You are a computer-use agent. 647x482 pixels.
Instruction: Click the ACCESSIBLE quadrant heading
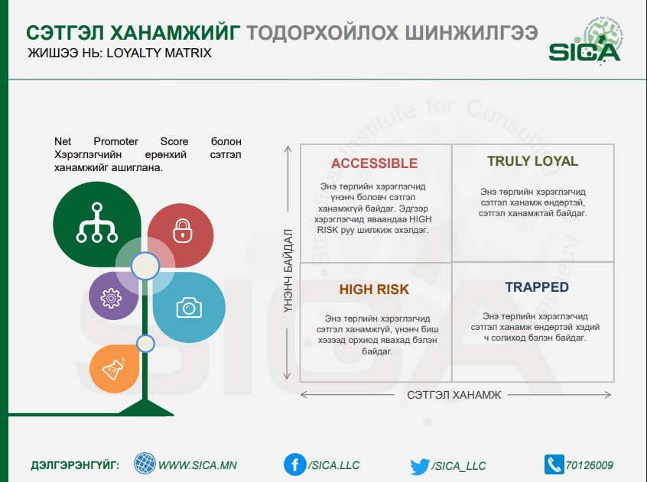(x=374, y=163)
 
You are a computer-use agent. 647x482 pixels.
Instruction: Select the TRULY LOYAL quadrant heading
(x=533, y=161)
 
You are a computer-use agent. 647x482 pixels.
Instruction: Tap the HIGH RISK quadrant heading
(x=374, y=290)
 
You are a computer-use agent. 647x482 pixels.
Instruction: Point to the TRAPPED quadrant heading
(x=537, y=287)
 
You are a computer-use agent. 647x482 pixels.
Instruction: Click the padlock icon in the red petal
(x=182, y=231)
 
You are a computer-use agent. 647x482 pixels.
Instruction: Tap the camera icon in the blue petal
(x=189, y=307)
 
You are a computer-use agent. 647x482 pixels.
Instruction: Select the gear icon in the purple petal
(x=111, y=298)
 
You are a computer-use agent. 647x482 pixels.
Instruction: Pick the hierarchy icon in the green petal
(x=97, y=222)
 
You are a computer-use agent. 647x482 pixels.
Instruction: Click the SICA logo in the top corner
(x=585, y=41)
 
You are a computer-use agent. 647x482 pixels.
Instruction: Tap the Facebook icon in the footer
(x=295, y=464)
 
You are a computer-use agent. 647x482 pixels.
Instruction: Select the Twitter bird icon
(x=420, y=466)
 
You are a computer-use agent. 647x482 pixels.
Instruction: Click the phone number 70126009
(x=589, y=465)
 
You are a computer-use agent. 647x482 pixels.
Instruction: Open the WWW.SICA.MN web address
(x=197, y=465)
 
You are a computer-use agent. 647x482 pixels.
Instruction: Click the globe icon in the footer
(x=145, y=463)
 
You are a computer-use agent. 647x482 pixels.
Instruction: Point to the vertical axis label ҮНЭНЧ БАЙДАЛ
(x=288, y=270)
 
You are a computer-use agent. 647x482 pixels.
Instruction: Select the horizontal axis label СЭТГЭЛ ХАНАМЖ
(x=454, y=395)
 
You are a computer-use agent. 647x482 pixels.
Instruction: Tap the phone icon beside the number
(x=554, y=464)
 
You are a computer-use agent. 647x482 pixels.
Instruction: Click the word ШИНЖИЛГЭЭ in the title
(x=472, y=33)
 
